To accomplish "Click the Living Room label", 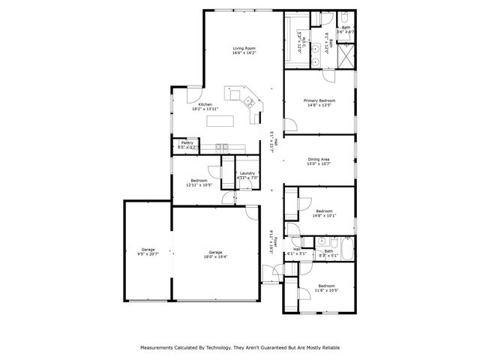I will point(244,49).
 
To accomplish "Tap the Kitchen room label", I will point(205,104).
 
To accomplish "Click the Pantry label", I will point(187,142).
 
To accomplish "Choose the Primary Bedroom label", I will point(319,100).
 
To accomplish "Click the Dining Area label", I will point(319,159).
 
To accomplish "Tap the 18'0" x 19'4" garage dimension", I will point(216,257).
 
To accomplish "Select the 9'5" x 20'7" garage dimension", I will point(148,255).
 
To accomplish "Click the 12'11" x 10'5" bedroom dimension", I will point(199,184).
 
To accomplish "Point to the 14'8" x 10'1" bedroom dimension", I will point(325,216).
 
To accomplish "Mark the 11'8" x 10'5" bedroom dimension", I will point(326,290).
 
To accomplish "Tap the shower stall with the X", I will point(346,55).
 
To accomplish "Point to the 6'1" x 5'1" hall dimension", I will point(296,253).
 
